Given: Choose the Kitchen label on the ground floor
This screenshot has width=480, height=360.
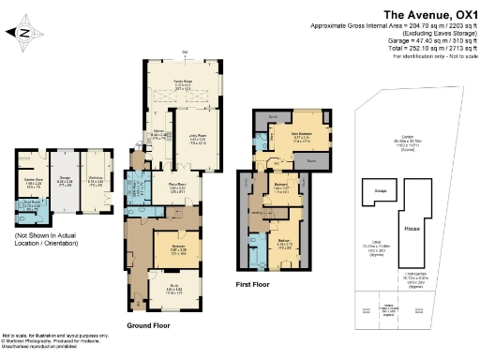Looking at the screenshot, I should (x=159, y=133).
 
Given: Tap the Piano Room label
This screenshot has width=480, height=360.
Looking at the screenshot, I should (x=176, y=187).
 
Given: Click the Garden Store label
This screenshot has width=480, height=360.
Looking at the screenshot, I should (x=35, y=179).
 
